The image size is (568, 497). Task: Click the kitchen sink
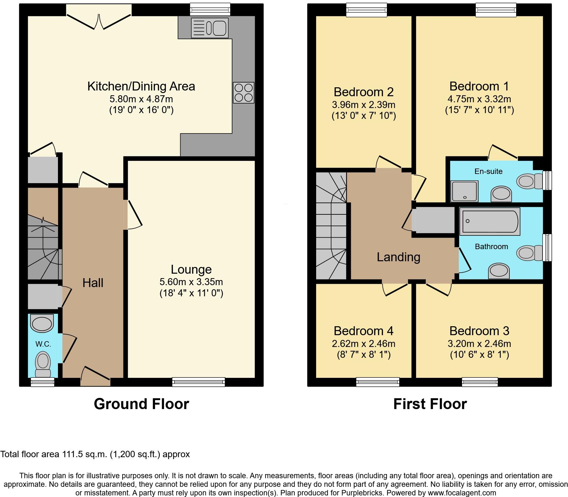pyautogui.click(x=210, y=28)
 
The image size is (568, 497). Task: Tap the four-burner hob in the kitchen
pyautogui.click(x=244, y=92)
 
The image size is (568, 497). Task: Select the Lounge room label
pyautogui.click(x=191, y=270)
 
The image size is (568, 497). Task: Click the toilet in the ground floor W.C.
pyautogui.click(x=42, y=364)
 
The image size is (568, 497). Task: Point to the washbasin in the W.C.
pyautogui.click(x=41, y=323)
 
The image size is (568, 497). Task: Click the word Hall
pyautogui.click(x=93, y=283)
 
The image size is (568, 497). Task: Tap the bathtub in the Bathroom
pyautogui.click(x=490, y=221)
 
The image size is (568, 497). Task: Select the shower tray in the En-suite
pyautogui.click(x=465, y=191)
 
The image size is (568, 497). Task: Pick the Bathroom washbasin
pyautogui.click(x=499, y=271)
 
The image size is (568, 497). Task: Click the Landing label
pyautogui.click(x=399, y=257)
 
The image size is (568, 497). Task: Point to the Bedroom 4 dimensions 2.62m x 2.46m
pyautogui.click(x=364, y=344)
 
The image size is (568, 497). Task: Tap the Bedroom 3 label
pyautogui.click(x=479, y=331)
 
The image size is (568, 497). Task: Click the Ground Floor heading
pyautogui.click(x=141, y=404)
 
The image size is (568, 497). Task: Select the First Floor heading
pyautogui.click(x=430, y=404)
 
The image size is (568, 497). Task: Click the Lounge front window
pyautogui.click(x=198, y=382)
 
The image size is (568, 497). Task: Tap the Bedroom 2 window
pyautogui.click(x=367, y=10)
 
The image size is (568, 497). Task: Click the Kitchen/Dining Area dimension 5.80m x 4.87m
pyautogui.click(x=141, y=99)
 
